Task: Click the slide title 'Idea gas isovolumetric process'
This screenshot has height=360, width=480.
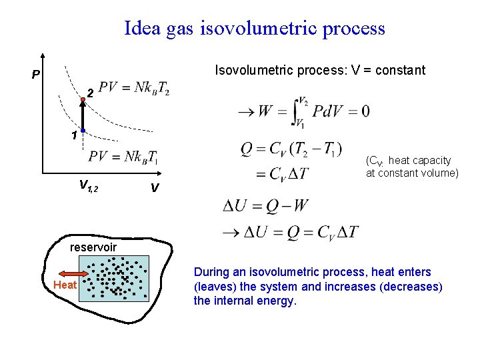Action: click(254, 29)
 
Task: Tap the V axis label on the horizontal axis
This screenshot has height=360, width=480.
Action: click(154, 189)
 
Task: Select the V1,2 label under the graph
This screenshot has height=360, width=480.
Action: click(88, 187)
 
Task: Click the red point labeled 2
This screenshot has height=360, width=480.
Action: click(83, 99)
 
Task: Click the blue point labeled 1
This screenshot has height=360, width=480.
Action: click(83, 131)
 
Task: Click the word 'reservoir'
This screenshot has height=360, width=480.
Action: click(93, 247)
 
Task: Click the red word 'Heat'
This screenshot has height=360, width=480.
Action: click(65, 285)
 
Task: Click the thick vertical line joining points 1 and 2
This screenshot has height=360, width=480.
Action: click(83, 115)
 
